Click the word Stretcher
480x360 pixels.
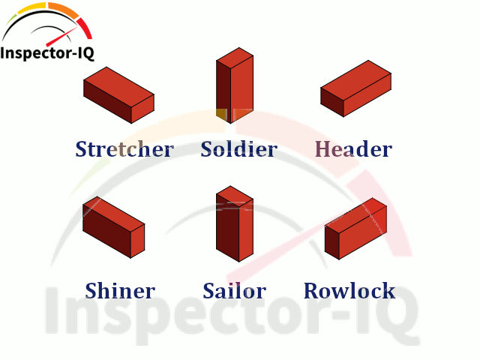pyautogui.click(x=124, y=149)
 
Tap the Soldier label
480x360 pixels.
pyautogui.click(x=238, y=149)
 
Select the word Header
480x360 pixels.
pyautogui.click(x=353, y=149)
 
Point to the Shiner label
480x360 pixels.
pyautogui.click(x=120, y=291)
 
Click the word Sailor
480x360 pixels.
pyautogui.click(x=234, y=291)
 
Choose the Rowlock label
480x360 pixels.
pyautogui.click(x=349, y=291)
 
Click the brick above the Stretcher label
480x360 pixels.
pyautogui.click(x=118, y=94)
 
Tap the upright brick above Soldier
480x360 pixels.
pyautogui.click(x=235, y=86)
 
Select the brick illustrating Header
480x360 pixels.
pyautogui.click(x=356, y=88)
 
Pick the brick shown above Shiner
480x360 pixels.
pyautogui.click(x=113, y=226)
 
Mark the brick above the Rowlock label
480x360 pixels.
pyautogui.click(x=356, y=229)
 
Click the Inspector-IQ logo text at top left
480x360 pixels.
pyautogui.click(x=47, y=53)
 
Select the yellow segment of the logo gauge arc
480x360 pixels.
pyautogui.click(x=34, y=9)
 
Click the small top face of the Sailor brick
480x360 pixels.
pyautogui.click(x=235, y=195)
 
